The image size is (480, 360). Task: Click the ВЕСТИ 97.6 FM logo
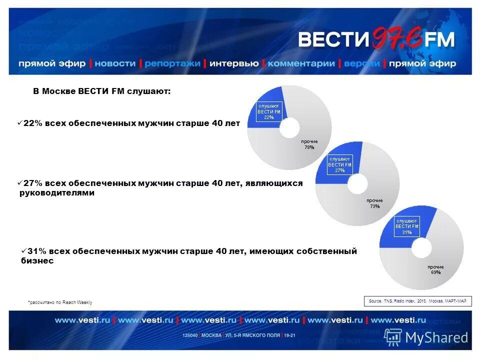pyautogui.click(x=376, y=39)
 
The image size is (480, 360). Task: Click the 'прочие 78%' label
pyautogui.click(x=309, y=144)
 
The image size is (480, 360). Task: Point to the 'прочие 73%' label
pyautogui.click(x=375, y=203)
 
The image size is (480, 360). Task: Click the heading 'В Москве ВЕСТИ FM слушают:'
pyautogui.click(x=102, y=91)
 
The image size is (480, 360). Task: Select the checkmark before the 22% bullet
pyautogui.click(x=19, y=123)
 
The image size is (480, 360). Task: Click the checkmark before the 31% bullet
pyautogui.click(x=23, y=250)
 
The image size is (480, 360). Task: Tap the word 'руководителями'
pyautogui.click(x=56, y=193)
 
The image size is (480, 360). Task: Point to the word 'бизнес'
pyautogui.click(x=37, y=261)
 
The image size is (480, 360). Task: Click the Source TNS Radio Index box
pyautogui.click(x=417, y=301)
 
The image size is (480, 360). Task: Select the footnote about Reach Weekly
pyautogui.click(x=60, y=302)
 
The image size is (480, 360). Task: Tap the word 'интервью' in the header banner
pyautogui.click(x=234, y=63)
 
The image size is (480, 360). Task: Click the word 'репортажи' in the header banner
pyautogui.click(x=172, y=63)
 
